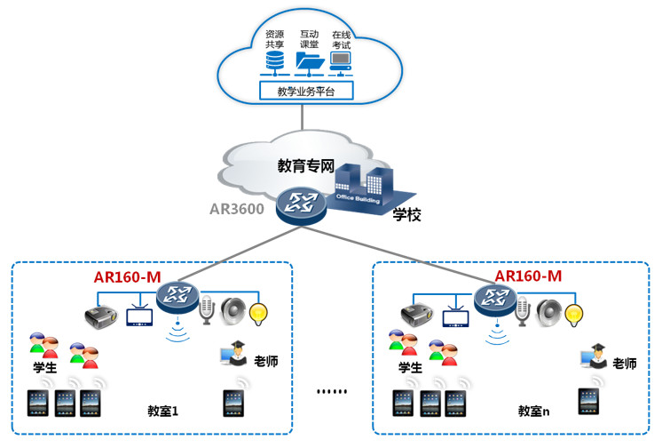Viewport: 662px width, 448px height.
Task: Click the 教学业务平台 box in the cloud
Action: [305, 91]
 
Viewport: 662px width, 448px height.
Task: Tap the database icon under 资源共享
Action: [275, 60]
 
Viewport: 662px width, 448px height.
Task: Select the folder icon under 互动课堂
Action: [309, 60]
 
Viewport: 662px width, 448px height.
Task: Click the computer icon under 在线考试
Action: [340, 60]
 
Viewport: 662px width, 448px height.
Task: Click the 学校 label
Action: [406, 215]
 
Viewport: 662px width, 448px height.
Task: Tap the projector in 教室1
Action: [99, 314]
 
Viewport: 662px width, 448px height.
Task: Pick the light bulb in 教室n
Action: [576, 313]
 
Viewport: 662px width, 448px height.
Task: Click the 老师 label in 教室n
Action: [624, 364]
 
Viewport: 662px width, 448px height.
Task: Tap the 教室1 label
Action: [164, 412]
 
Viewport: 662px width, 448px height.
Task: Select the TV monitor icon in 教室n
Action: [455, 316]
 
